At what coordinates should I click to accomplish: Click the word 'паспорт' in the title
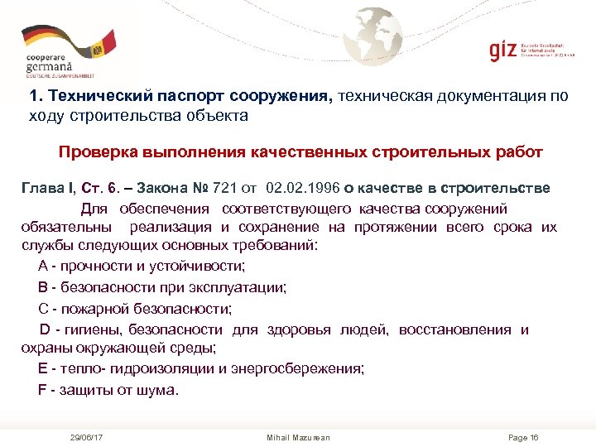click(x=166, y=96)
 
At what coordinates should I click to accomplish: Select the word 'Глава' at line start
click(x=41, y=189)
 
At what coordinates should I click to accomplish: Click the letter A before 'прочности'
click(x=43, y=267)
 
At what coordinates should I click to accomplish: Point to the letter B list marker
click(x=43, y=287)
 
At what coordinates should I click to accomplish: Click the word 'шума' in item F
click(x=159, y=389)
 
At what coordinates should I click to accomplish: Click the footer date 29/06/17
click(x=86, y=436)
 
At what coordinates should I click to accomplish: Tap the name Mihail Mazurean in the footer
click(x=298, y=436)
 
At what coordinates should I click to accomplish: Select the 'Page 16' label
click(x=522, y=436)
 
